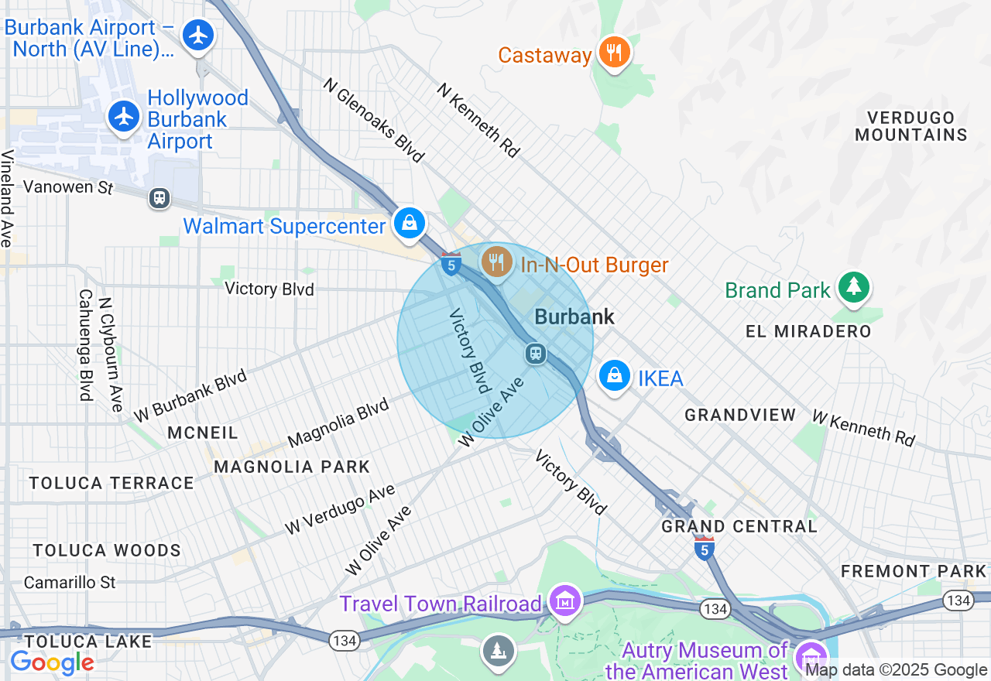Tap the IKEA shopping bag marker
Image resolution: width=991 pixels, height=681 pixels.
[x=615, y=376]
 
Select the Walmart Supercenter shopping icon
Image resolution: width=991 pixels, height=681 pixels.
[x=409, y=224]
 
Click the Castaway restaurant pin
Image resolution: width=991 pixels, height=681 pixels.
[x=614, y=53]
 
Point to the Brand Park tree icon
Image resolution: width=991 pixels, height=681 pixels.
[x=852, y=287]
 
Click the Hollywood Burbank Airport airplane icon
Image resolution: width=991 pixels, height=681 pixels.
[x=123, y=117]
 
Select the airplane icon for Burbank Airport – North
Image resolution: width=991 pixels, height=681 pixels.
[x=198, y=35]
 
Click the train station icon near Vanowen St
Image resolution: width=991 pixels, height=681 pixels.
[x=159, y=197]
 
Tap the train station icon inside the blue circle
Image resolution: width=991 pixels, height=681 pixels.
[x=535, y=354]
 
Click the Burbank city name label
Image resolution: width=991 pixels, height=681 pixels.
[x=574, y=317]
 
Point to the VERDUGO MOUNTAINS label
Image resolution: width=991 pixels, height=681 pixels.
[x=917, y=126]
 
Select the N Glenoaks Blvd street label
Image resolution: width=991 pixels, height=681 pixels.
[x=374, y=120]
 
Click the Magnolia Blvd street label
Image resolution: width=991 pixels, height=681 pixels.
[x=338, y=423]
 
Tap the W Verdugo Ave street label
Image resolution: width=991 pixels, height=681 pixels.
[x=340, y=509]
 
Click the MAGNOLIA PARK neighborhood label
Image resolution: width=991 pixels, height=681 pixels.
[x=292, y=467]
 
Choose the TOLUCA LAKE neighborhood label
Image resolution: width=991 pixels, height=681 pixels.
[x=87, y=642]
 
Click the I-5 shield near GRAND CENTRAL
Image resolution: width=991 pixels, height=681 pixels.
[x=703, y=548]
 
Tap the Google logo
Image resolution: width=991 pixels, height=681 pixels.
[x=52, y=662]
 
